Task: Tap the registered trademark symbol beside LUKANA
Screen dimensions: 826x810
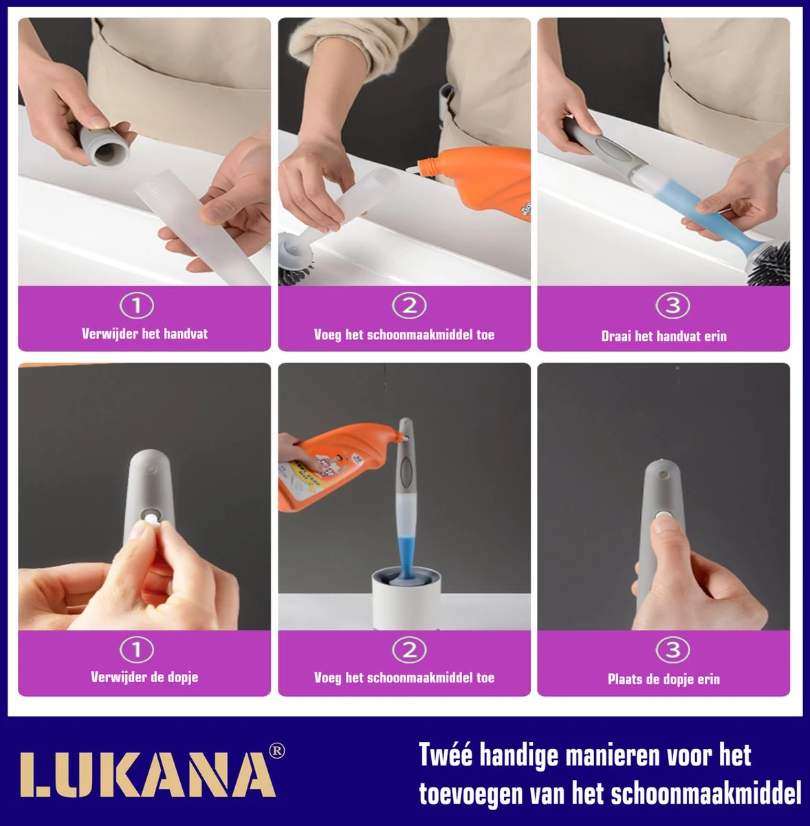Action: tap(276, 751)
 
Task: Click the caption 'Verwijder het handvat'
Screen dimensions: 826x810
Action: tap(144, 334)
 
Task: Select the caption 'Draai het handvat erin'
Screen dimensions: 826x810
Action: tap(664, 336)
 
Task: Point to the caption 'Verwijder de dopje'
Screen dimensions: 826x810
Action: tap(144, 677)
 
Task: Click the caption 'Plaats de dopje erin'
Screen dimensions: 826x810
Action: tap(664, 679)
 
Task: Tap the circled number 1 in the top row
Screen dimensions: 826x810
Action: tap(136, 306)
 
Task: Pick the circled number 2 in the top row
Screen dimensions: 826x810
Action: tap(409, 306)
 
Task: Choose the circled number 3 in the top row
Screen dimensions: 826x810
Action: tap(672, 306)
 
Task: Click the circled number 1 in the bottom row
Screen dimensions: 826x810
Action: tap(136, 649)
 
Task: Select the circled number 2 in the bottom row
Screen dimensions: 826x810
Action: tap(409, 649)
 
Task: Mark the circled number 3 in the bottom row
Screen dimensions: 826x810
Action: tap(672, 649)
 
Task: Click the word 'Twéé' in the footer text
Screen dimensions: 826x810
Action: tap(445, 755)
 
